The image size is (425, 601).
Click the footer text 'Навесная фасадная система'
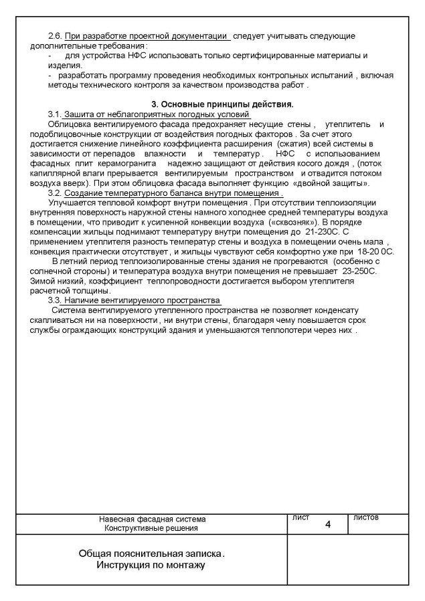152,519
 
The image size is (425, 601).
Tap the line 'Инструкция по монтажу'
151,566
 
